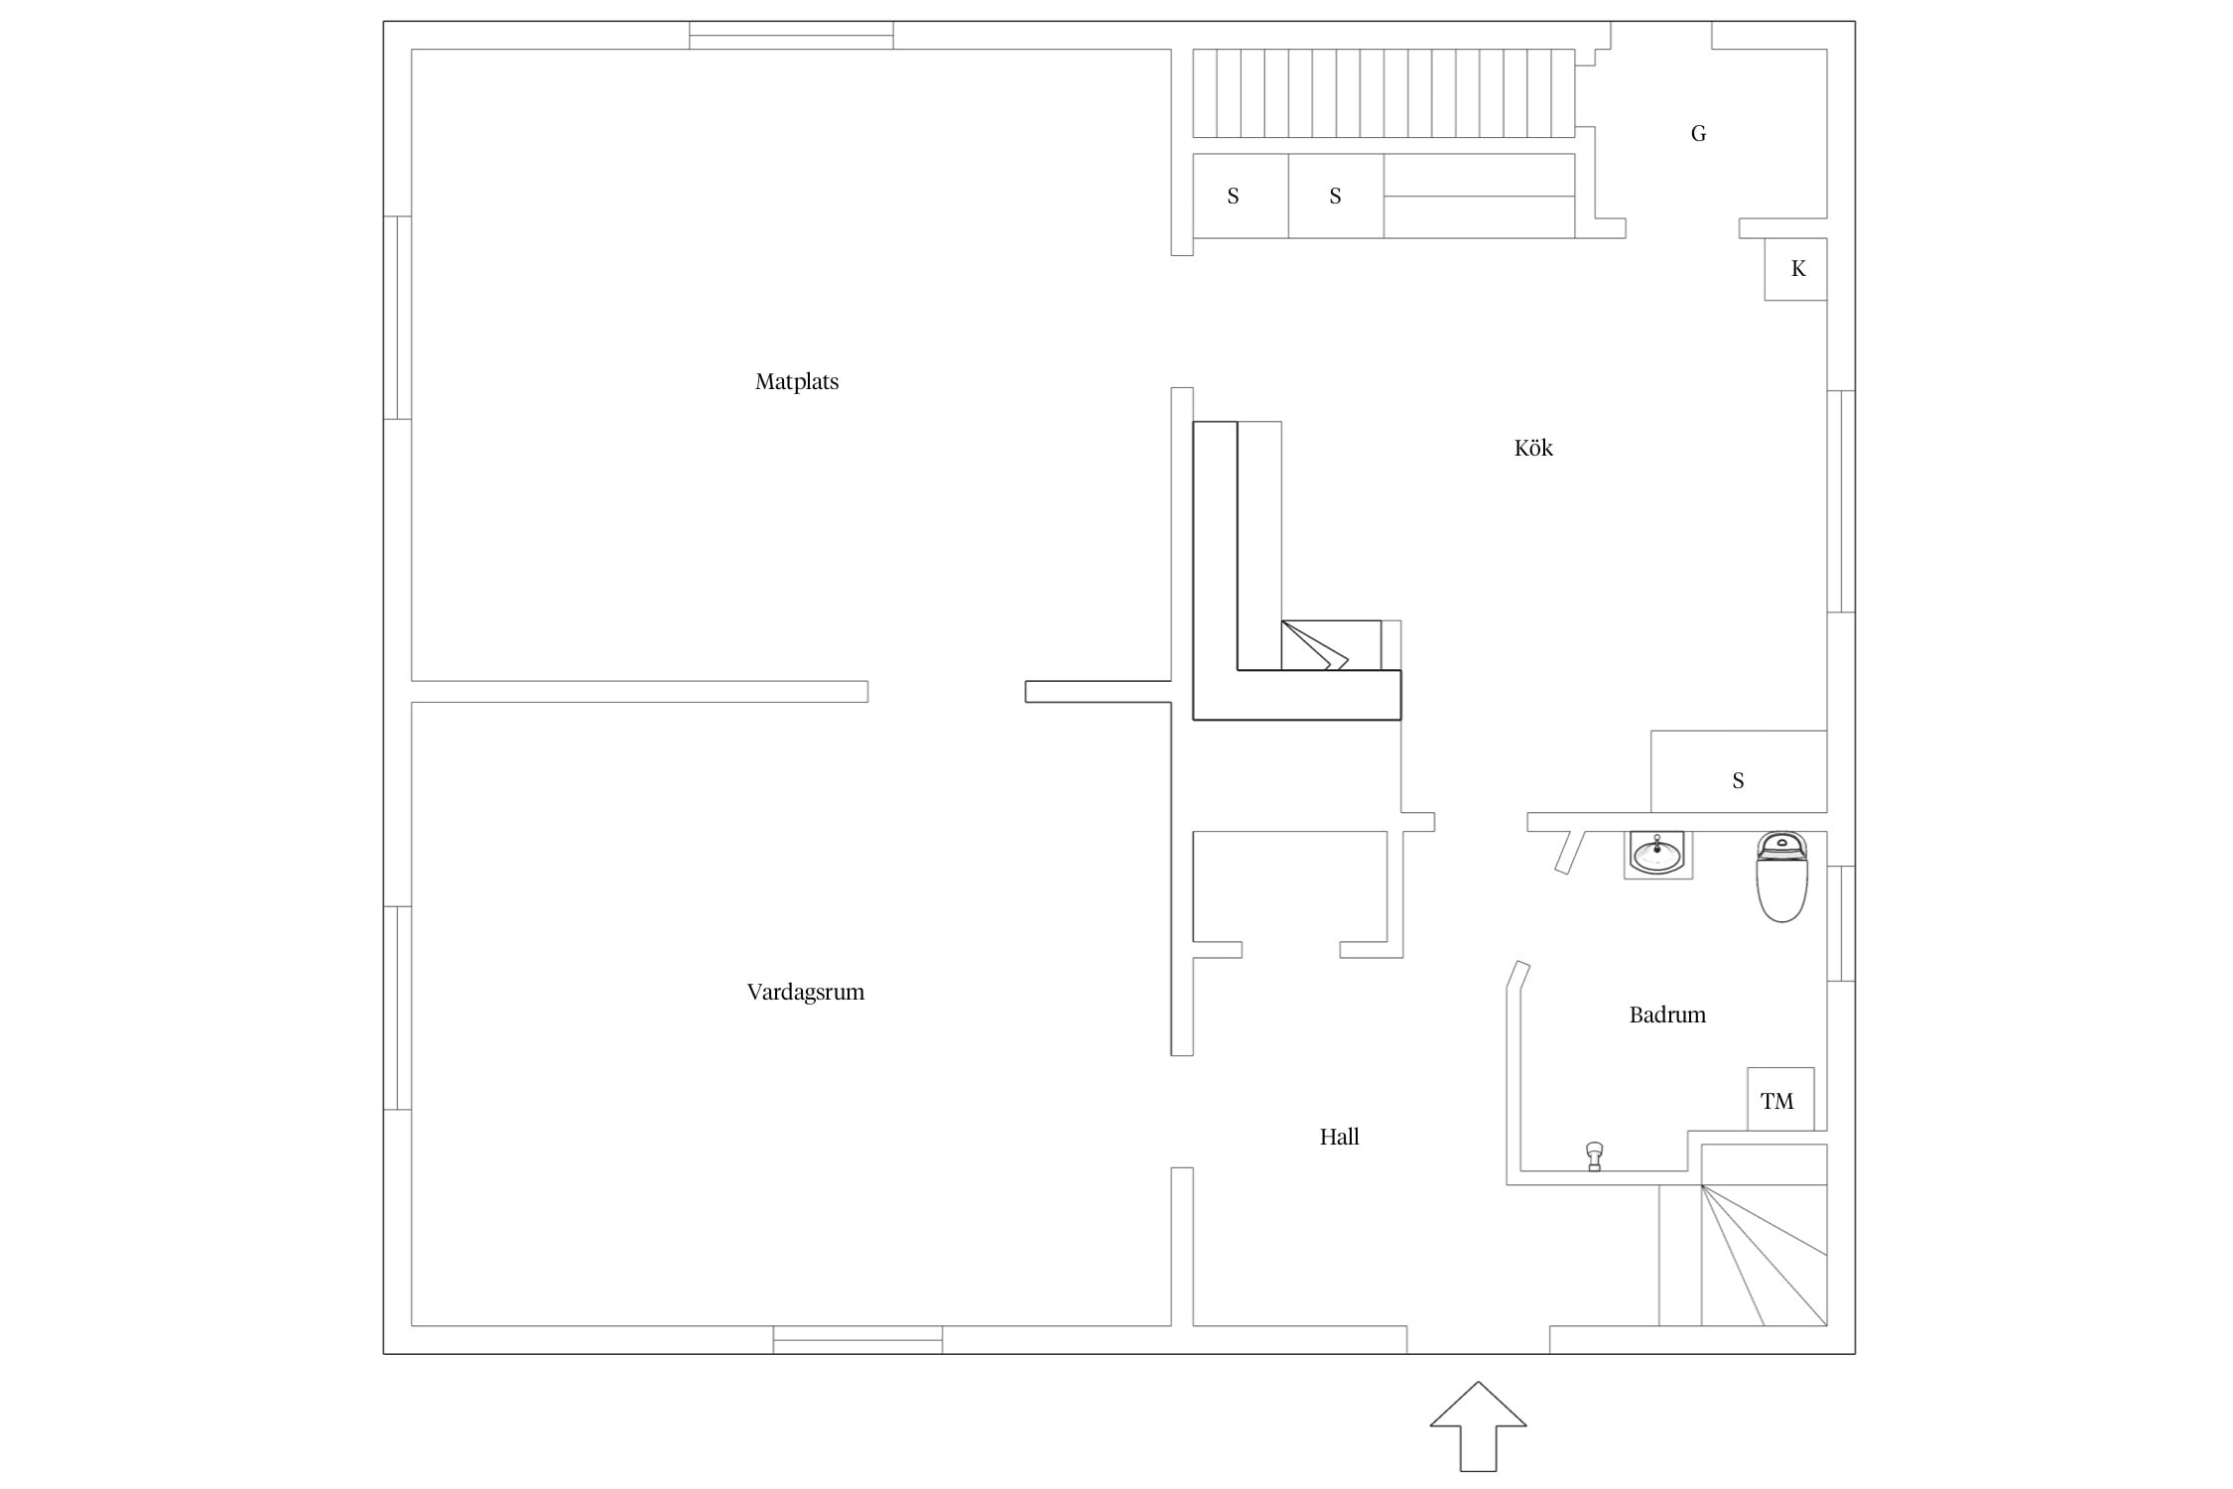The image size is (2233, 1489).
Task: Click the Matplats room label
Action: (x=796, y=382)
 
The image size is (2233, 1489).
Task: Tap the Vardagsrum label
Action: (x=805, y=993)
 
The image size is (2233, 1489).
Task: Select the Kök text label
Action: (x=1533, y=448)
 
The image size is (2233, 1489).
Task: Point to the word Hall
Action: (x=1339, y=1137)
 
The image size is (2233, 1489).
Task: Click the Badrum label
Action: (x=1667, y=1015)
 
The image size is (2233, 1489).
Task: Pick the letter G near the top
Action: (x=1698, y=133)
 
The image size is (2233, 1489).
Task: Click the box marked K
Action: (x=1795, y=269)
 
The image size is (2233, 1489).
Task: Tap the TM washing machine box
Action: (x=1780, y=1099)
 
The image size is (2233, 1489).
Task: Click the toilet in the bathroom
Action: (x=1781, y=877)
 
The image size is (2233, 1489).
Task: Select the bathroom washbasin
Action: (x=1657, y=854)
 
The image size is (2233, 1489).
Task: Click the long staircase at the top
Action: (x=1383, y=93)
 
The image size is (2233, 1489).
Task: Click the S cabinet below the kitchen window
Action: (x=1739, y=771)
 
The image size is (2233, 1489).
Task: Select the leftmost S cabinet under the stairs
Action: (x=1241, y=196)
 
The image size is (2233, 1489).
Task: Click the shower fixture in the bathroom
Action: (x=1594, y=1156)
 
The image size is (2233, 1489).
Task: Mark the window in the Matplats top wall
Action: (x=791, y=36)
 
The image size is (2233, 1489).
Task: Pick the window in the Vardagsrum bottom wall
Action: (x=857, y=1339)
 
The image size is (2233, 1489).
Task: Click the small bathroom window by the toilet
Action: (x=1841, y=923)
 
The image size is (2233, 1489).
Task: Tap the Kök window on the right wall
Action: (x=1841, y=501)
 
